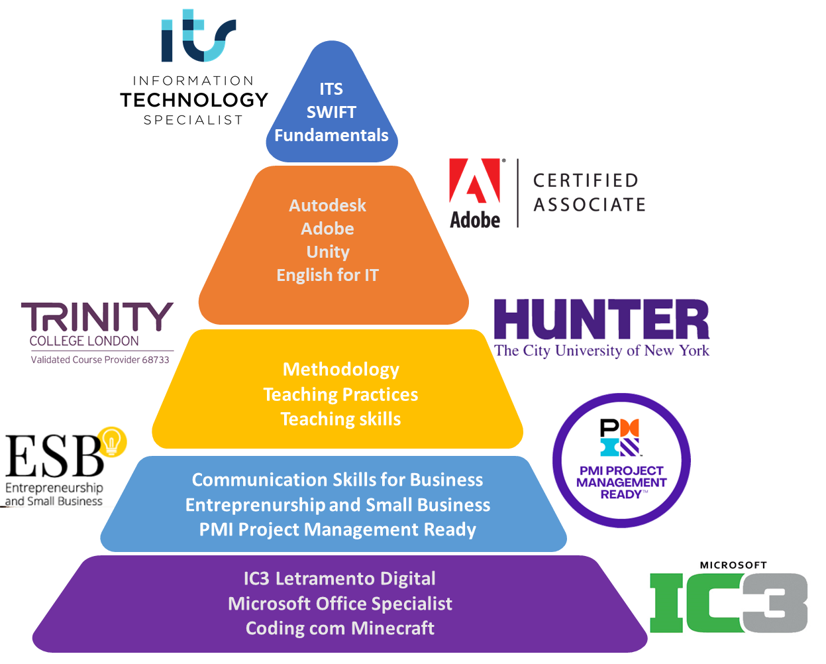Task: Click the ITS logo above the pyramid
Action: [x=198, y=36]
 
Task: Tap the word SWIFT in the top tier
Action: [x=331, y=112]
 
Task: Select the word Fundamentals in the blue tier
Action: [x=331, y=135]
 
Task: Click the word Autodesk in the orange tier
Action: [x=327, y=205]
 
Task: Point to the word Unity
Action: [x=328, y=252]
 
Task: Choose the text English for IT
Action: [x=327, y=275]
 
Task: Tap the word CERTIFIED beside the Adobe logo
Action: [x=586, y=180]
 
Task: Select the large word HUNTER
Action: [x=601, y=320]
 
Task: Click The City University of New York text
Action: [x=601, y=351]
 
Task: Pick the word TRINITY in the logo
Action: [x=97, y=317]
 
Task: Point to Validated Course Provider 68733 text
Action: [x=100, y=360]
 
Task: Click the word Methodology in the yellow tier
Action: [x=341, y=369]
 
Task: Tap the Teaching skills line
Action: [x=340, y=419]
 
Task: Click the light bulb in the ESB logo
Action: [x=112, y=441]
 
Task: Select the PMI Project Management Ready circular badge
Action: [x=621, y=460]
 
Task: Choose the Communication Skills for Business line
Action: [x=337, y=480]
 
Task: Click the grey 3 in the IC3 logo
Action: [x=774, y=603]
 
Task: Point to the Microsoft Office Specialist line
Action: [x=340, y=604]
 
